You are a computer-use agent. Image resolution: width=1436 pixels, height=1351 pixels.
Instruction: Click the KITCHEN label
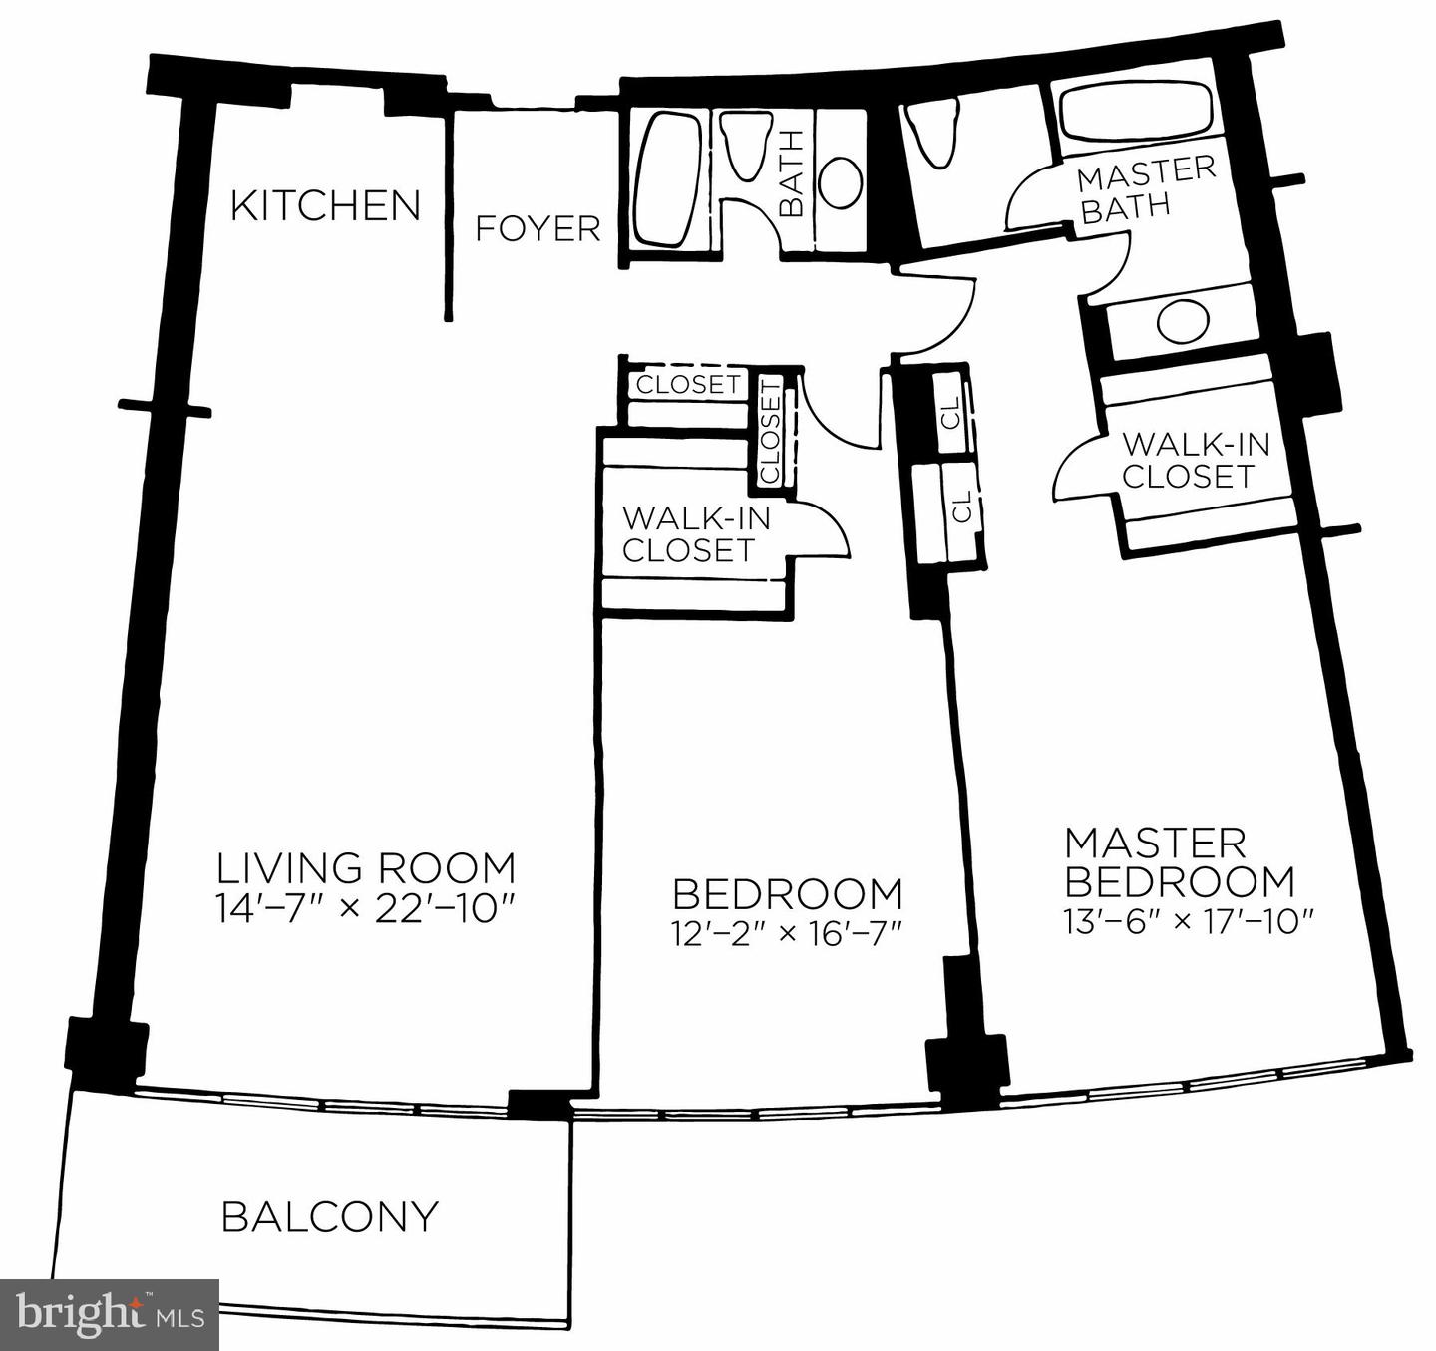coord(325,206)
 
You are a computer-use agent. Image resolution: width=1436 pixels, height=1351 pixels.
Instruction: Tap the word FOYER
coord(538,229)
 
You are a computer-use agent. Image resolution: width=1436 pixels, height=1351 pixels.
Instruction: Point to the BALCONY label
coord(329,1217)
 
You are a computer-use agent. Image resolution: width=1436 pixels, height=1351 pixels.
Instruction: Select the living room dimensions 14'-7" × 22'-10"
coord(365,909)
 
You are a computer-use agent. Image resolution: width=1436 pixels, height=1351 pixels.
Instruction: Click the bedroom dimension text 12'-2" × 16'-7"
coord(787,933)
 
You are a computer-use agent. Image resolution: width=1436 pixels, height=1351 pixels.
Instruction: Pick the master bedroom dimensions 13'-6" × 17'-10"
coord(1185,921)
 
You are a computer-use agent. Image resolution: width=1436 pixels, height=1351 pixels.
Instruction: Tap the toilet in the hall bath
coord(745,146)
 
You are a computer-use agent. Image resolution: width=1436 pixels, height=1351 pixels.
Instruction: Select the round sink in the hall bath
coord(841,182)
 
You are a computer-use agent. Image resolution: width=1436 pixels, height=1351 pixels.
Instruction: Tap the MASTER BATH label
coord(1146,189)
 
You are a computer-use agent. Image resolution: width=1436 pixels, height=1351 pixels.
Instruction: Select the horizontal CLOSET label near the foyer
coord(688,384)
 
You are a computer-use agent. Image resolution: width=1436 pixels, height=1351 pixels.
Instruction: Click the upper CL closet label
coord(952,412)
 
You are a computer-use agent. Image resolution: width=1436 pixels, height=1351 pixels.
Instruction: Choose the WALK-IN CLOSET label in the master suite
coord(1194,460)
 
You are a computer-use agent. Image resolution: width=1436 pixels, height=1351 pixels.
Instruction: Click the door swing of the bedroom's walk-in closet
coord(826,528)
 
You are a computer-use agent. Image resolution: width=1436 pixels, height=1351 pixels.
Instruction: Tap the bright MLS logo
coord(110,1314)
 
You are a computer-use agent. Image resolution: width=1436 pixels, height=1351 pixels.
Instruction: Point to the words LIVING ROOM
coord(366,868)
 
